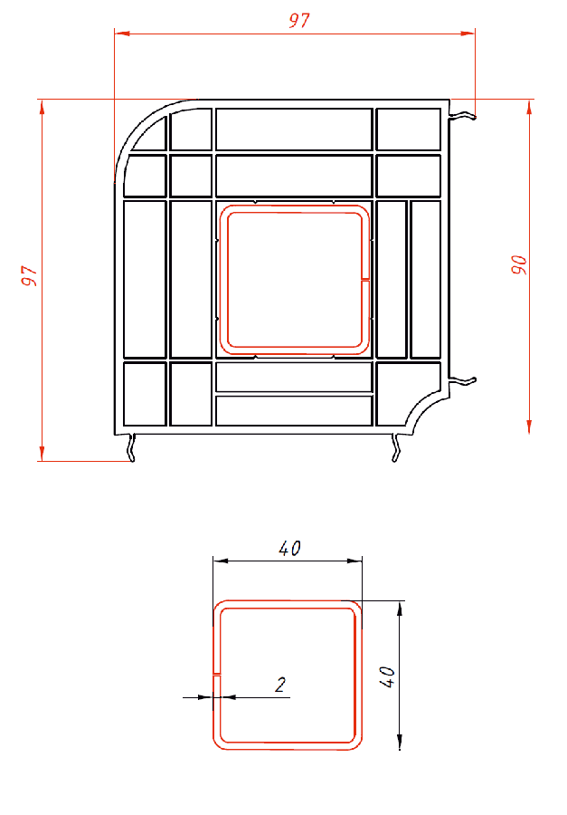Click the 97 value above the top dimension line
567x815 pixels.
pyautogui.click(x=299, y=20)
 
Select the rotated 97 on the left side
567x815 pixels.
pyautogui.click(x=29, y=275)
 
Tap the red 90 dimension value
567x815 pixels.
pyautogui.click(x=519, y=264)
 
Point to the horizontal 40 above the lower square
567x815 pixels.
pyautogui.click(x=289, y=548)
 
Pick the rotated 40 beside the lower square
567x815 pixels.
pyautogui.click(x=387, y=676)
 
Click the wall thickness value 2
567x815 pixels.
pyautogui.click(x=280, y=685)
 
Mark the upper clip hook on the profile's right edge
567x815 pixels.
pyautogui.click(x=463, y=115)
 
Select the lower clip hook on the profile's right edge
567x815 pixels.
pyautogui.click(x=463, y=381)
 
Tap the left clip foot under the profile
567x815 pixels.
pyautogui.click(x=132, y=447)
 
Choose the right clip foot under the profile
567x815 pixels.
pyautogui.click(x=396, y=447)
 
